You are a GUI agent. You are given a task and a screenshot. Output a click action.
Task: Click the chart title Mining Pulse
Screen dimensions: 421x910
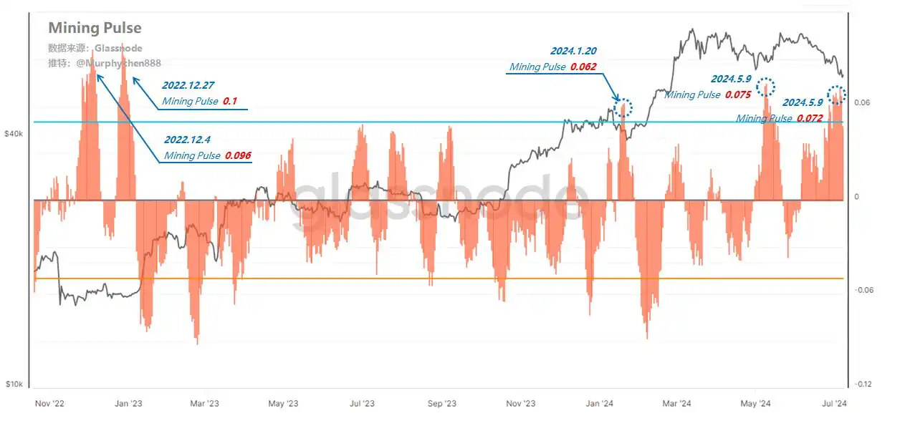[x=95, y=28]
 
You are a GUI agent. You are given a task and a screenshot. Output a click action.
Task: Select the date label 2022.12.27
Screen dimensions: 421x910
[x=188, y=84]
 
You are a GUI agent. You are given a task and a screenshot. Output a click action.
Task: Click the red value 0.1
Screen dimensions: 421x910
[x=230, y=102]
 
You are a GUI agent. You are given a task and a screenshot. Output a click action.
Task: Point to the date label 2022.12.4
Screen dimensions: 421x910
[x=188, y=139]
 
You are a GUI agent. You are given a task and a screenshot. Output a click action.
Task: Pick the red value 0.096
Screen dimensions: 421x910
[x=238, y=155]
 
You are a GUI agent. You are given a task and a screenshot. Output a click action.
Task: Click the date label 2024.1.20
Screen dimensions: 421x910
[x=573, y=51]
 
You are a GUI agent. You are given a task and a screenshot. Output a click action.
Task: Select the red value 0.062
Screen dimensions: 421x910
[x=583, y=67]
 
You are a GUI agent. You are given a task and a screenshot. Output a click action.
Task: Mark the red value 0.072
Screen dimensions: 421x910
[x=809, y=118]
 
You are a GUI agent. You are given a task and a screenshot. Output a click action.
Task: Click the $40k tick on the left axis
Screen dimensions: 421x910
[x=14, y=134]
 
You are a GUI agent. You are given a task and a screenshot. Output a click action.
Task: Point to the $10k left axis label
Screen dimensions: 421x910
[x=14, y=384]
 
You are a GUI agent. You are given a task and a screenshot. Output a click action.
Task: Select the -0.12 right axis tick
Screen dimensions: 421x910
[x=862, y=384]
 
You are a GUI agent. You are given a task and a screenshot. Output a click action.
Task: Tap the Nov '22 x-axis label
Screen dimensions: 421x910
[x=50, y=404]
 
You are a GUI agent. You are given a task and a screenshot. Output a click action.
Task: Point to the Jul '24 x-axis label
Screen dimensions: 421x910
[x=832, y=404]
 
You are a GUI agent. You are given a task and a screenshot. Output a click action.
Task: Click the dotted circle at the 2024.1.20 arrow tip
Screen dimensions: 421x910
[x=623, y=107]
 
